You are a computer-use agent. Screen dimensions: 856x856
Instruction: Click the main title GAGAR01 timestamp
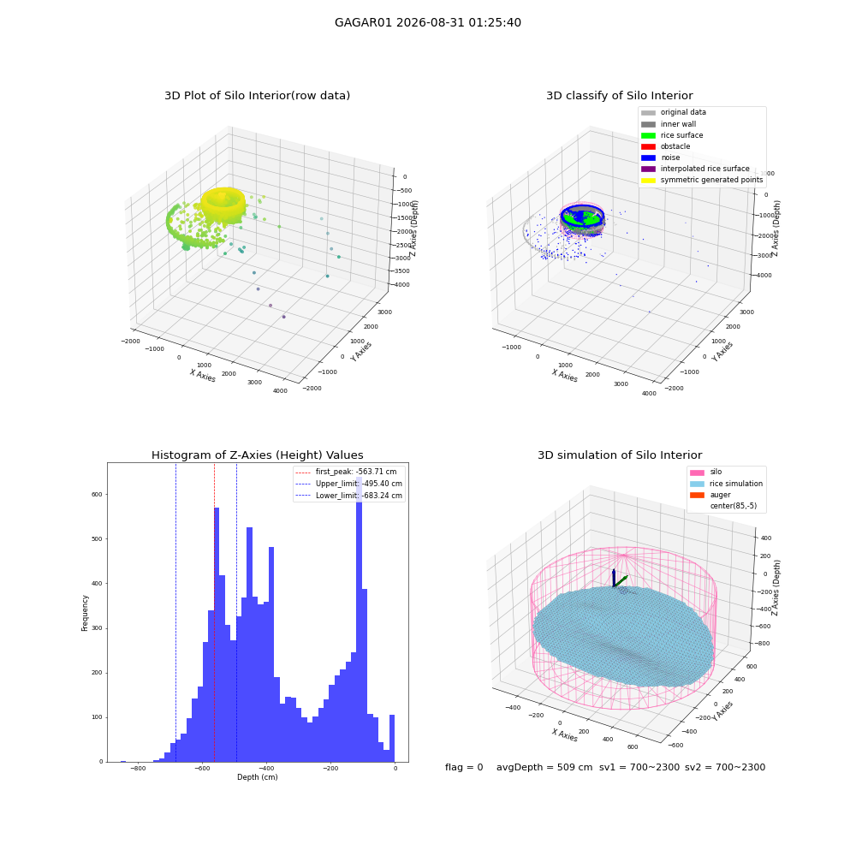click(x=427, y=23)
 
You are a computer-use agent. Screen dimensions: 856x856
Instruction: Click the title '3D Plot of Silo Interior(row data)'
click(x=257, y=96)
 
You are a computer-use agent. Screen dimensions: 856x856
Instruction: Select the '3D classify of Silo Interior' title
click(x=620, y=96)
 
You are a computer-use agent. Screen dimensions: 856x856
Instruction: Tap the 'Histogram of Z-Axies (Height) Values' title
click(x=257, y=455)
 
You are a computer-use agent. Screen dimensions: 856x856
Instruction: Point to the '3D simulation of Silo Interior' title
click(x=620, y=455)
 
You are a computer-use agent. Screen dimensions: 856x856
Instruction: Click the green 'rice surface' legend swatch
click(x=648, y=135)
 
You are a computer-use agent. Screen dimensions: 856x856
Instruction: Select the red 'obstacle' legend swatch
click(x=648, y=146)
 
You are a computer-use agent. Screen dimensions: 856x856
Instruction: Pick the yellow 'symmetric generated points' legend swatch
click(x=648, y=180)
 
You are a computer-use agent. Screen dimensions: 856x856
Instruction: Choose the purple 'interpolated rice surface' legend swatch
click(x=648, y=169)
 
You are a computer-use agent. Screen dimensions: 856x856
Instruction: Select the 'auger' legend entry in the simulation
click(x=720, y=495)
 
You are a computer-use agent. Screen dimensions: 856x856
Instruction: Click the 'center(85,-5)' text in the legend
click(x=734, y=506)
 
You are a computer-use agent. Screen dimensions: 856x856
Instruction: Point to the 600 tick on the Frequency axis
click(x=97, y=495)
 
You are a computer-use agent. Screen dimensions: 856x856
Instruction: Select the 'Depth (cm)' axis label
click(x=257, y=777)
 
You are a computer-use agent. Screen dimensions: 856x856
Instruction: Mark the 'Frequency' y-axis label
click(x=85, y=613)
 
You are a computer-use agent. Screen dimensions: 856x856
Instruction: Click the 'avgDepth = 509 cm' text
click(x=544, y=768)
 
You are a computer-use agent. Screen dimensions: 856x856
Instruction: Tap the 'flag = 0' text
click(x=464, y=768)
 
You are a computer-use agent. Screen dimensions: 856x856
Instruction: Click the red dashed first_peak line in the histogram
click(x=214, y=613)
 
